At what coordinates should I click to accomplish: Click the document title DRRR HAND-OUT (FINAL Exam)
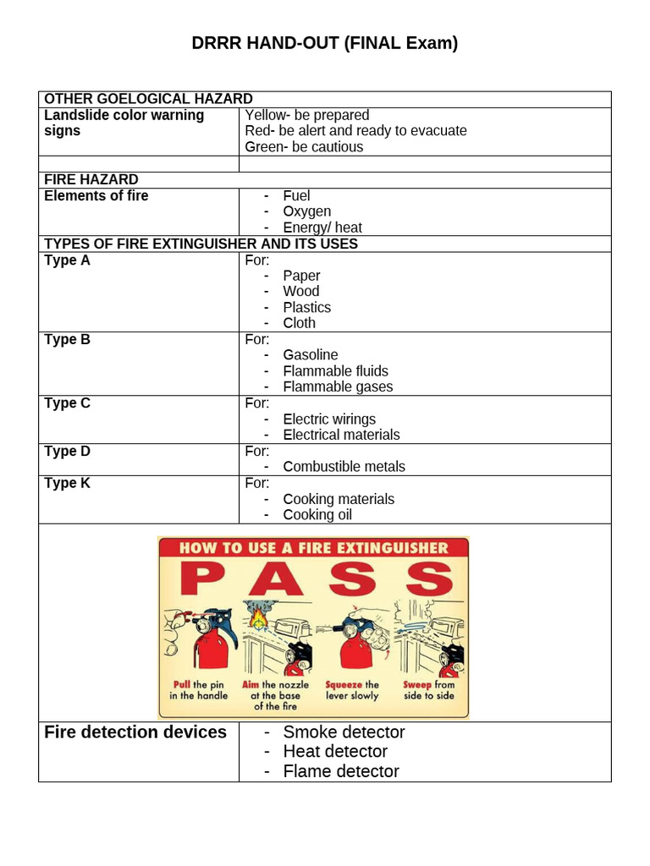(324, 43)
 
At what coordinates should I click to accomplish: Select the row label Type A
(67, 260)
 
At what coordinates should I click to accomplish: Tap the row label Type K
(67, 483)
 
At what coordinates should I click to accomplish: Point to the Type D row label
(67, 451)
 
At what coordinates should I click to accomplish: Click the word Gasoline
(310, 355)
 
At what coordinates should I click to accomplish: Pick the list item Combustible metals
(344, 467)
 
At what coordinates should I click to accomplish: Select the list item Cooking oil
(317, 515)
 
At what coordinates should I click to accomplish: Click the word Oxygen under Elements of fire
(306, 211)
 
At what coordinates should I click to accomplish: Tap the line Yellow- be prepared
(306, 115)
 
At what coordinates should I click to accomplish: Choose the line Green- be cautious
(304, 147)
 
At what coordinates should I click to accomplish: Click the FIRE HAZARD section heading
(91, 179)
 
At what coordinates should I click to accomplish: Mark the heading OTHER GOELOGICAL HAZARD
(148, 99)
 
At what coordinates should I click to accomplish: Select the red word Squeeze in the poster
(344, 684)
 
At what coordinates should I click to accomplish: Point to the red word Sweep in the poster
(417, 684)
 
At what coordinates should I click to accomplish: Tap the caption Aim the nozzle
(275, 684)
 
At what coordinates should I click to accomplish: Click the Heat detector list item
(335, 751)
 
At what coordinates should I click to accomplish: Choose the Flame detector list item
(341, 771)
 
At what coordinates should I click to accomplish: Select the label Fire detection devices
(135, 732)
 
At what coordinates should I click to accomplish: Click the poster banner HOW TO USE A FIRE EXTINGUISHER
(313, 548)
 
